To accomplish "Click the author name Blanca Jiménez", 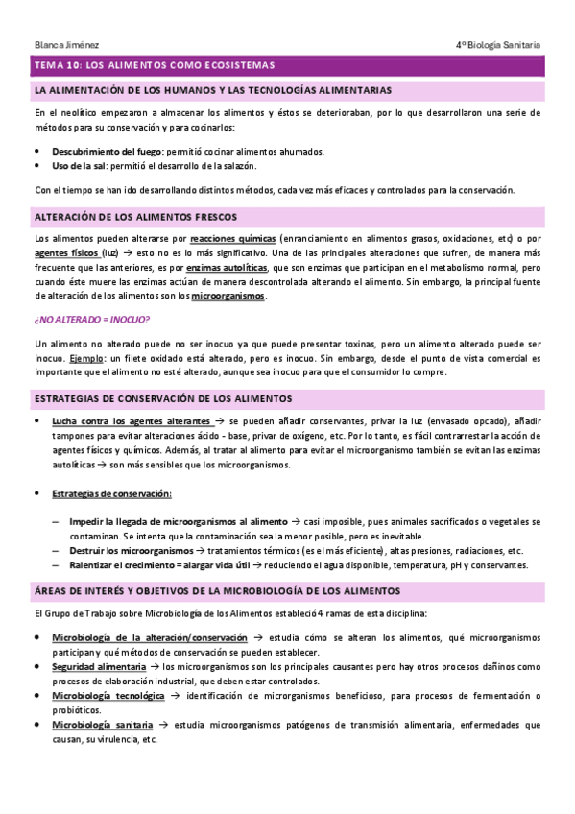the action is pyautogui.click(x=65, y=44).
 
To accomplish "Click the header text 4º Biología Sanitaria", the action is pyautogui.click(x=498, y=44).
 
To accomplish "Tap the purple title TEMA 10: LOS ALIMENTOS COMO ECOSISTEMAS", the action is pyautogui.click(x=155, y=65).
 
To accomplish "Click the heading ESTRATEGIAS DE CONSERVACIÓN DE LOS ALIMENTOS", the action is pyautogui.click(x=163, y=397).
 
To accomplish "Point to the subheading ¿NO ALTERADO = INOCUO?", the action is pyautogui.click(x=91, y=320).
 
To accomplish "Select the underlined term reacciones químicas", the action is pyautogui.click(x=234, y=237).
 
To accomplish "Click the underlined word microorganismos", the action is pyautogui.click(x=228, y=296).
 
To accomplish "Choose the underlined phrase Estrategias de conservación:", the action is pyautogui.click(x=112, y=493).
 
